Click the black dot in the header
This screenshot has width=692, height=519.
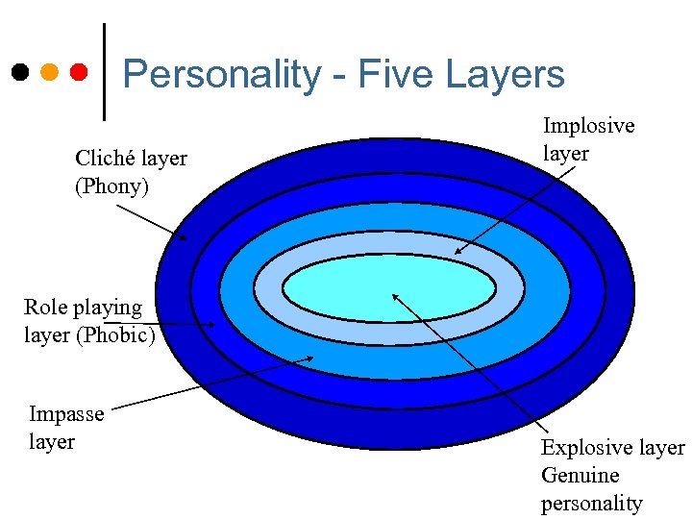(x=19, y=72)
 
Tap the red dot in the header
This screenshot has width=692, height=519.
(x=79, y=72)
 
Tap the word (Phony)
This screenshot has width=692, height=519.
(x=112, y=185)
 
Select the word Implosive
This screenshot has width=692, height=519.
(x=588, y=126)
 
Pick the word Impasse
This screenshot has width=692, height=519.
(x=66, y=414)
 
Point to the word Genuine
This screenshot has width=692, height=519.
(x=581, y=475)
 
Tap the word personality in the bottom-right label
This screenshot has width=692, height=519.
(x=591, y=503)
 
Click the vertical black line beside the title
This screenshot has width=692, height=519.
(x=103, y=72)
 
